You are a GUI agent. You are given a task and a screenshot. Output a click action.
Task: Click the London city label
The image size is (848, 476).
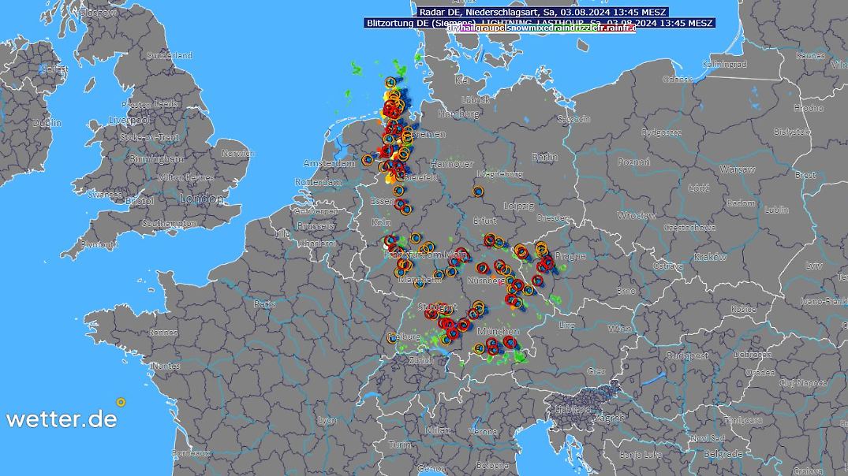click(201, 199)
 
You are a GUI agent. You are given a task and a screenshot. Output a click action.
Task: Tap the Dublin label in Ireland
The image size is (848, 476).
click(47, 123)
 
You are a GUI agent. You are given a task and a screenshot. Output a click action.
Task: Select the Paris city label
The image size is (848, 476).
click(264, 303)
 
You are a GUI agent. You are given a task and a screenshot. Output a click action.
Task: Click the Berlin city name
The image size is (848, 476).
click(545, 157)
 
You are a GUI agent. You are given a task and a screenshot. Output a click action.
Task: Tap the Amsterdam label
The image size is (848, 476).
click(329, 163)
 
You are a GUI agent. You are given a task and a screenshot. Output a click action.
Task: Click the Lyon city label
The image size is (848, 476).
click(327, 421)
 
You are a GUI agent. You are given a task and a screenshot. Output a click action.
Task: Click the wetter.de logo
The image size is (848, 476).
click(62, 419)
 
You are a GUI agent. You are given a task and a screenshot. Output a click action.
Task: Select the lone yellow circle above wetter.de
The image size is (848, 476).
click(121, 402)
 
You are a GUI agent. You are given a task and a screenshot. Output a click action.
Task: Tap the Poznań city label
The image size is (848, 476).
click(634, 162)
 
